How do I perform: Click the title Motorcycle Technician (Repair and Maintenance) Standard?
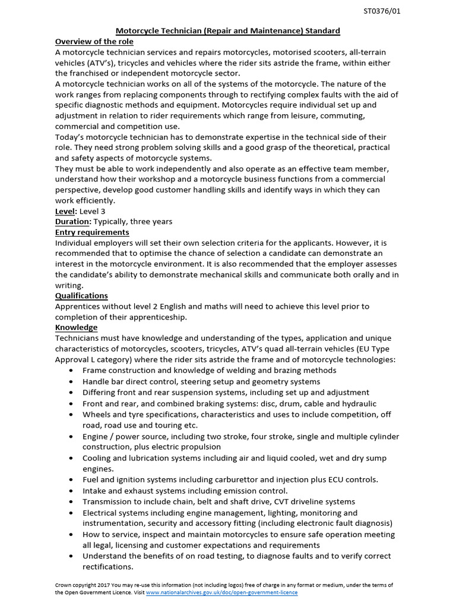[227, 30]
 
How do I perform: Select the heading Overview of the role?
[94, 41]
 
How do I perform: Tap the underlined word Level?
[66, 211]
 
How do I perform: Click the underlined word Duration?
[73, 221]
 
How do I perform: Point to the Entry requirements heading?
[92, 232]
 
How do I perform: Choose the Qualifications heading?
[81, 296]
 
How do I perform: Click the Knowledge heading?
[76, 328]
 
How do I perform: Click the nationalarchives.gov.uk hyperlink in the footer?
[222, 592]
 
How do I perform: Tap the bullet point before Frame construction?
[71, 371]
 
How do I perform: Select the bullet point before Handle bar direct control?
[71, 381]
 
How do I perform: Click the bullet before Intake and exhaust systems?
[71, 491]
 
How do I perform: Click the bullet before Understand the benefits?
[71, 556]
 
